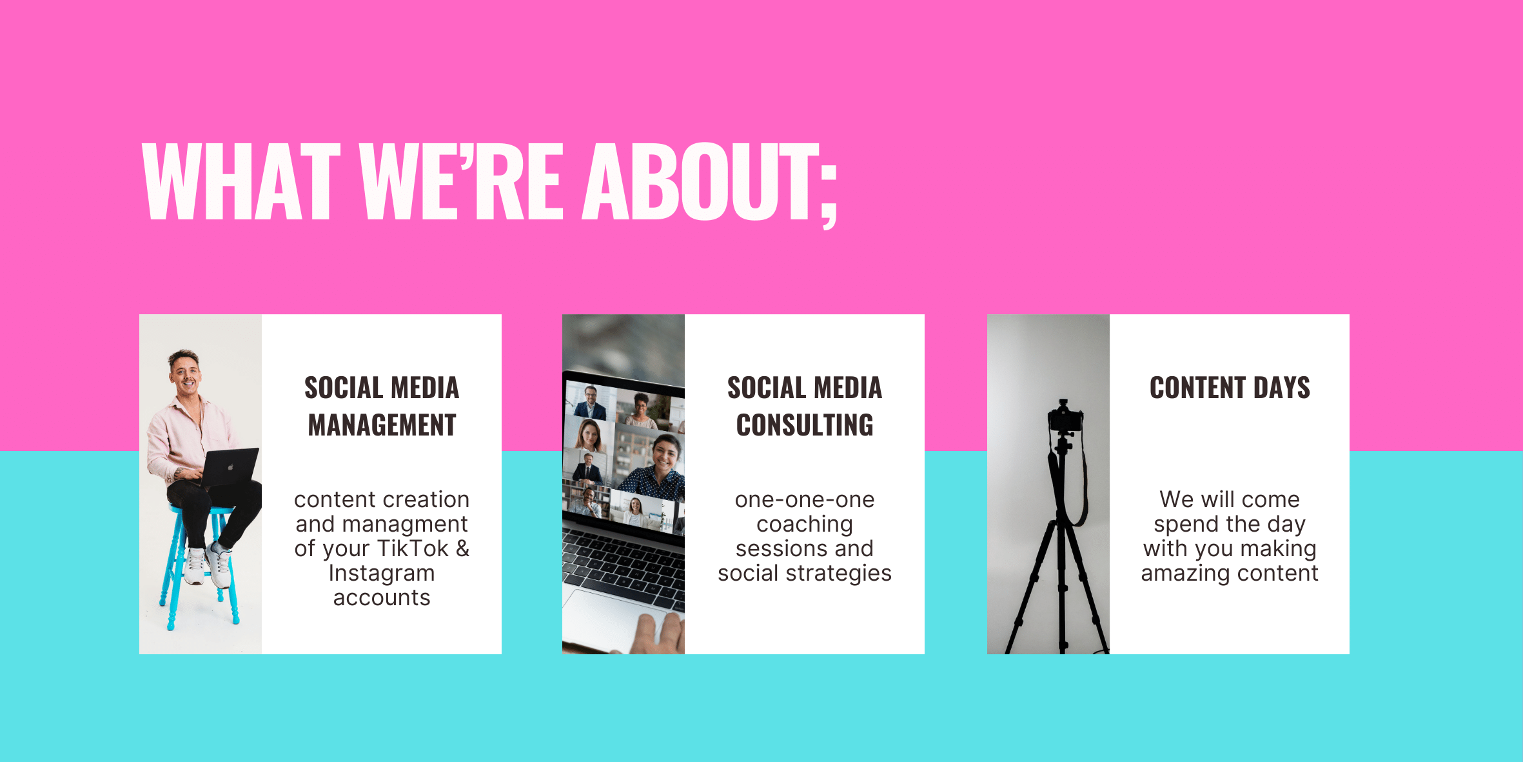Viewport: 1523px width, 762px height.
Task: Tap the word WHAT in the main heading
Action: click(241, 181)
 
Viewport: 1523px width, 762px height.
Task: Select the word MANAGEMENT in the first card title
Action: click(382, 425)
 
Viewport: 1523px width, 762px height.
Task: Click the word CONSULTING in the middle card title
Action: click(805, 425)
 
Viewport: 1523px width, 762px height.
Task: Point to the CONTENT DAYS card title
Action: click(1230, 388)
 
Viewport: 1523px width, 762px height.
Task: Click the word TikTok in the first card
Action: click(412, 548)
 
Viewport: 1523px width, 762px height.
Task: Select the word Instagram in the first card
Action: click(382, 574)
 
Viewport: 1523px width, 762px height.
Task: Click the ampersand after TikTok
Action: click(463, 548)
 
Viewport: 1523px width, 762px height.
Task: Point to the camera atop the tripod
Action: click(1065, 416)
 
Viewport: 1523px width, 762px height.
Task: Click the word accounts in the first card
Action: click(382, 598)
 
